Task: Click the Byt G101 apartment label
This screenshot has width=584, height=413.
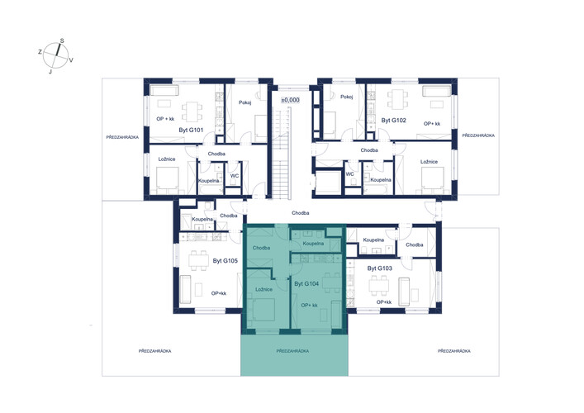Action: click(191, 131)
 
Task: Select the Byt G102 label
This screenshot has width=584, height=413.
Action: click(393, 121)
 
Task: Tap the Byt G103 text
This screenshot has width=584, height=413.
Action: click(379, 268)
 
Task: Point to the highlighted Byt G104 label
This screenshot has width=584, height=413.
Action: click(306, 284)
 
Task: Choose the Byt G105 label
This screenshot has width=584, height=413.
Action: click(225, 261)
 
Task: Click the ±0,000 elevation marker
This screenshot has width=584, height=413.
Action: click(290, 100)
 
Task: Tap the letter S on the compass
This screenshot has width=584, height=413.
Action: click(62, 41)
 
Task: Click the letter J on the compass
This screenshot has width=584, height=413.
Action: click(50, 72)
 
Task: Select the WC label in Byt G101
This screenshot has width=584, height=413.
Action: click(235, 176)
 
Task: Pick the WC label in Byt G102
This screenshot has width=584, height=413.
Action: click(349, 174)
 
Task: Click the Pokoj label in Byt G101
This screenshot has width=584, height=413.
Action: click(245, 102)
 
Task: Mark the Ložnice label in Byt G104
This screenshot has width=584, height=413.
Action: click(264, 289)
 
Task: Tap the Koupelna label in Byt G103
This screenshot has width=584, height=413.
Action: click(373, 240)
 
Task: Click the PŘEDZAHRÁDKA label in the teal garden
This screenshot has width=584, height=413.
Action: click(292, 351)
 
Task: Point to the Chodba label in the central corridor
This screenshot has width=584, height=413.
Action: click(300, 213)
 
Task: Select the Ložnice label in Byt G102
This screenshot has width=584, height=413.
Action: click(429, 162)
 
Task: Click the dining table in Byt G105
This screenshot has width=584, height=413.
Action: click(198, 260)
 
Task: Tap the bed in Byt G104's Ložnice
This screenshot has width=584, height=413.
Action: click(264, 310)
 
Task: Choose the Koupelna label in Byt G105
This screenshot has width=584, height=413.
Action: click(202, 220)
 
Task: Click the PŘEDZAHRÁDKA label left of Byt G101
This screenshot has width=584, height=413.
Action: click(122, 137)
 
